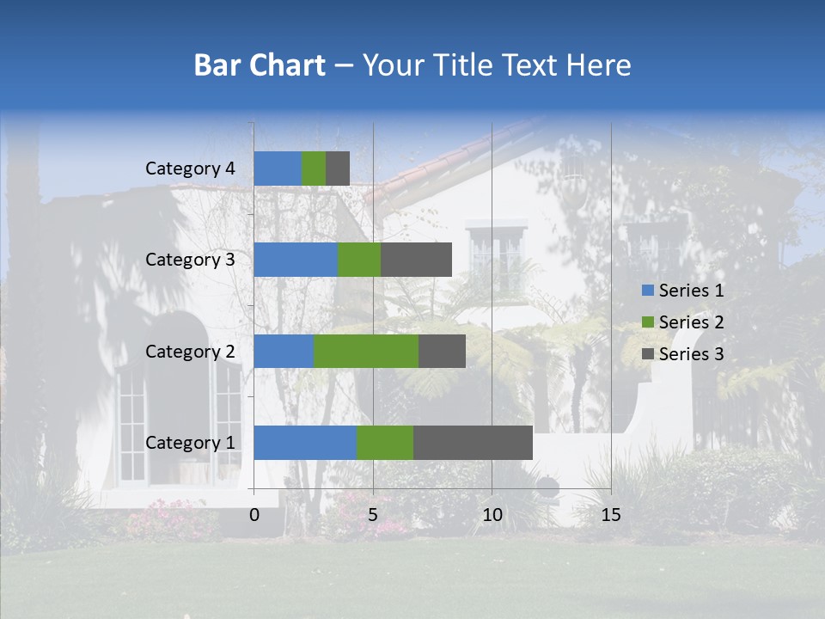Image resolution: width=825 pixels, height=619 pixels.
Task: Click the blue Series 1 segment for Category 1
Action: click(x=305, y=443)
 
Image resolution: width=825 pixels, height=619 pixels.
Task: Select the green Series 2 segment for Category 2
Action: click(x=366, y=351)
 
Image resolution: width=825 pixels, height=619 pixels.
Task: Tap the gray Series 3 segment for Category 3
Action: click(x=416, y=260)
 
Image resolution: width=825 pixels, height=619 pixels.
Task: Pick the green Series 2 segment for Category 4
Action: click(x=314, y=169)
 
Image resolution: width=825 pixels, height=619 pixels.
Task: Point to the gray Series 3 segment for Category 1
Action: click(x=473, y=443)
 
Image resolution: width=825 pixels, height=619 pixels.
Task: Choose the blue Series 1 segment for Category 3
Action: click(x=296, y=260)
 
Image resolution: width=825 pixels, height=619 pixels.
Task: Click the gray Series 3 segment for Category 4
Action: click(x=338, y=169)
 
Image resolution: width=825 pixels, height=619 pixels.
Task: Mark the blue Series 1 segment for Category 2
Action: click(x=284, y=351)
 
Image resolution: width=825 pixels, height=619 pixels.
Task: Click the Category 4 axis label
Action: click(x=190, y=169)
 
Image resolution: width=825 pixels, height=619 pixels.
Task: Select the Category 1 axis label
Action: click(x=190, y=443)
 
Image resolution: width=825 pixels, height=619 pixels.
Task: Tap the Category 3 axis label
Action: click(x=190, y=260)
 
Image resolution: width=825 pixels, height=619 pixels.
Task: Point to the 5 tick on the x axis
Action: click(x=373, y=515)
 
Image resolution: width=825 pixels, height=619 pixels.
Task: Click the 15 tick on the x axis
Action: click(x=610, y=515)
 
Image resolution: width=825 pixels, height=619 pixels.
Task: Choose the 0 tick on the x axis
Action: click(x=254, y=515)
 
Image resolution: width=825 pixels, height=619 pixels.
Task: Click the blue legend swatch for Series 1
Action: click(x=648, y=291)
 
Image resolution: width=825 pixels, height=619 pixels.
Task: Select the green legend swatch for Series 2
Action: click(x=648, y=322)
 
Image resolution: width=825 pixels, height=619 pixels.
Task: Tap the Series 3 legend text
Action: click(x=692, y=354)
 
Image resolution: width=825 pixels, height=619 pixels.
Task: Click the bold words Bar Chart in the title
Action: click(x=260, y=65)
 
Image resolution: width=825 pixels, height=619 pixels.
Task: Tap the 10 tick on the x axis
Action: click(x=492, y=515)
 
